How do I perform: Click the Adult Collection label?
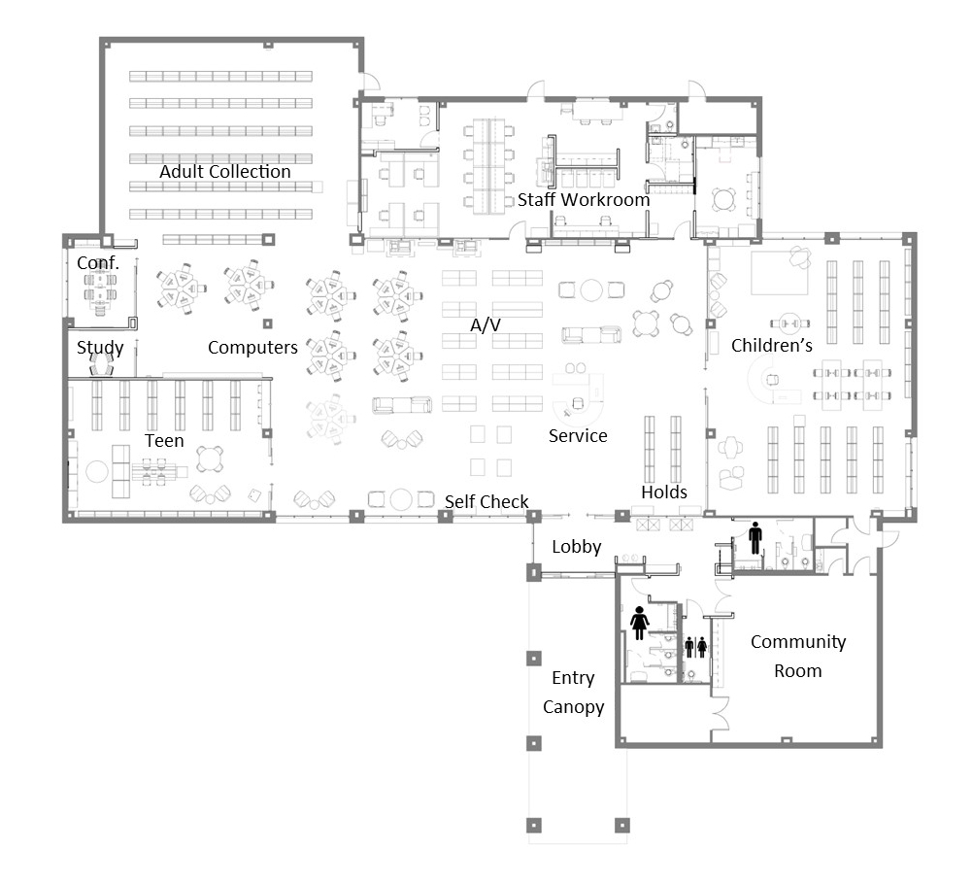click(225, 171)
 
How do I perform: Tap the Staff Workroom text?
click(584, 199)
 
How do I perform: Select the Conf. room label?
click(98, 262)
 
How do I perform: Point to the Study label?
click(100, 348)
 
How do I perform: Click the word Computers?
click(252, 348)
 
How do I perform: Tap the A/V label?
click(486, 324)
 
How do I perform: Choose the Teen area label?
click(164, 441)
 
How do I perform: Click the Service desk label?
click(578, 436)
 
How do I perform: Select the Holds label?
click(664, 492)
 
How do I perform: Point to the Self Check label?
click(486, 502)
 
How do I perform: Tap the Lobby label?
click(577, 547)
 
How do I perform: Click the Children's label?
click(772, 345)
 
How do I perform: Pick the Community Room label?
click(798, 657)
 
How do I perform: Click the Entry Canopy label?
click(573, 693)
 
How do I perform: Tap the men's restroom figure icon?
click(755, 538)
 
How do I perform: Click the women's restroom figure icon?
click(639, 623)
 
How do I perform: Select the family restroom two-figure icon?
click(695, 647)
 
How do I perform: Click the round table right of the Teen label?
click(211, 458)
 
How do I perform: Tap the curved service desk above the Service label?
click(579, 400)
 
